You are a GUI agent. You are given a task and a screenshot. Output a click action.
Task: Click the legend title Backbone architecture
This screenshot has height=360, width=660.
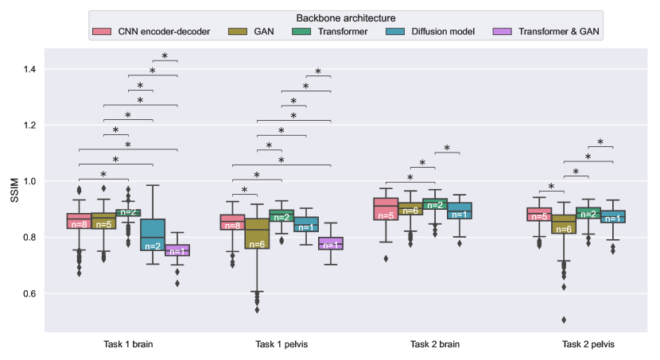point(346,17)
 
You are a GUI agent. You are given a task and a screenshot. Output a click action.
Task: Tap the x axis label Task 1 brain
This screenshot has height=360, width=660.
point(127,345)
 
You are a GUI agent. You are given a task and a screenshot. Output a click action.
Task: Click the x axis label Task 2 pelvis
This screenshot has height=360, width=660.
point(589,345)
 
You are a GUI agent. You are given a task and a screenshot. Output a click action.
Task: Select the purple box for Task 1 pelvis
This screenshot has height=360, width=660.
point(331,243)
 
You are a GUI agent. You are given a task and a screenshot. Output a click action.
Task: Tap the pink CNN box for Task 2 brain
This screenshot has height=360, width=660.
point(386,209)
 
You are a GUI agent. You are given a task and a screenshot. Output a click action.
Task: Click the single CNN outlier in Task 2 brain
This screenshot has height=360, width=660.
point(386,258)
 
